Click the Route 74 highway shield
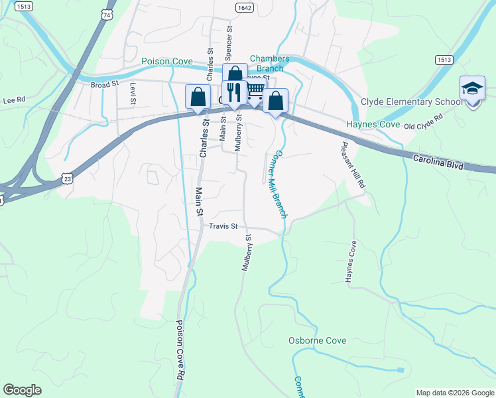click(x=107, y=13)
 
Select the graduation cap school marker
click(x=472, y=90)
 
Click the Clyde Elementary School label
click(x=411, y=102)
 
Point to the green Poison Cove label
click(x=167, y=62)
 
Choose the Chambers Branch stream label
click(x=267, y=64)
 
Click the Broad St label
click(x=104, y=84)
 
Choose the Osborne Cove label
click(x=317, y=340)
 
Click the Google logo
click(x=23, y=390)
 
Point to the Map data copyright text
click(x=454, y=393)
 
